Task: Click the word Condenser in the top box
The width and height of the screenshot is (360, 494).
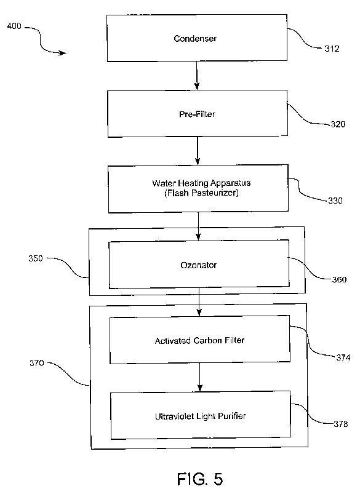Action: click(x=195, y=38)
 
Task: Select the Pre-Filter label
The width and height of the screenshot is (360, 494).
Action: click(x=198, y=114)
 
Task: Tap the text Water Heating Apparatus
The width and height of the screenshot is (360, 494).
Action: click(x=201, y=183)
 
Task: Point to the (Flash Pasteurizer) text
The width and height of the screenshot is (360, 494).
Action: click(x=201, y=193)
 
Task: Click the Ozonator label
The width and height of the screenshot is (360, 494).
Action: click(x=199, y=265)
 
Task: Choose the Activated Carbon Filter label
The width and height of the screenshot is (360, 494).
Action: click(x=199, y=341)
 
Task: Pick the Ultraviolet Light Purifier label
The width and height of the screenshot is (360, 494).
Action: click(x=200, y=416)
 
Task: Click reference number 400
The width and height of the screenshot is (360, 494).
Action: click(x=14, y=26)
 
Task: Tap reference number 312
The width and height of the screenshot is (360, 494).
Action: click(x=332, y=49)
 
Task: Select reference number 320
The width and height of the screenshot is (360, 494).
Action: click(x=338, y=124)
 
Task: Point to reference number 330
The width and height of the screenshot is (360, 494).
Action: click(x=335, y=201)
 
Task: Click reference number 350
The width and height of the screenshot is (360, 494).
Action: click(x=36, y=258)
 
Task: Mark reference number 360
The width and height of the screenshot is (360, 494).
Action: click(x=339, y=279)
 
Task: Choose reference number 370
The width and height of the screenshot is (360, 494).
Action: click(x=37, y=363)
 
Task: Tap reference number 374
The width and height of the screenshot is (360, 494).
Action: click(x=343, y=357)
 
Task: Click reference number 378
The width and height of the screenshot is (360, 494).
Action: click(x=341, y=424)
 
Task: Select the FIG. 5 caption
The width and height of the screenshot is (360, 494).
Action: click(x=200, y=479)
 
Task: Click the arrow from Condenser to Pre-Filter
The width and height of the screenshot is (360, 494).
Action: click(x=197, y=76)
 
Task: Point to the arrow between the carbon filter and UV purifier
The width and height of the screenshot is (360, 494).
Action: click(x=199, y=377)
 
